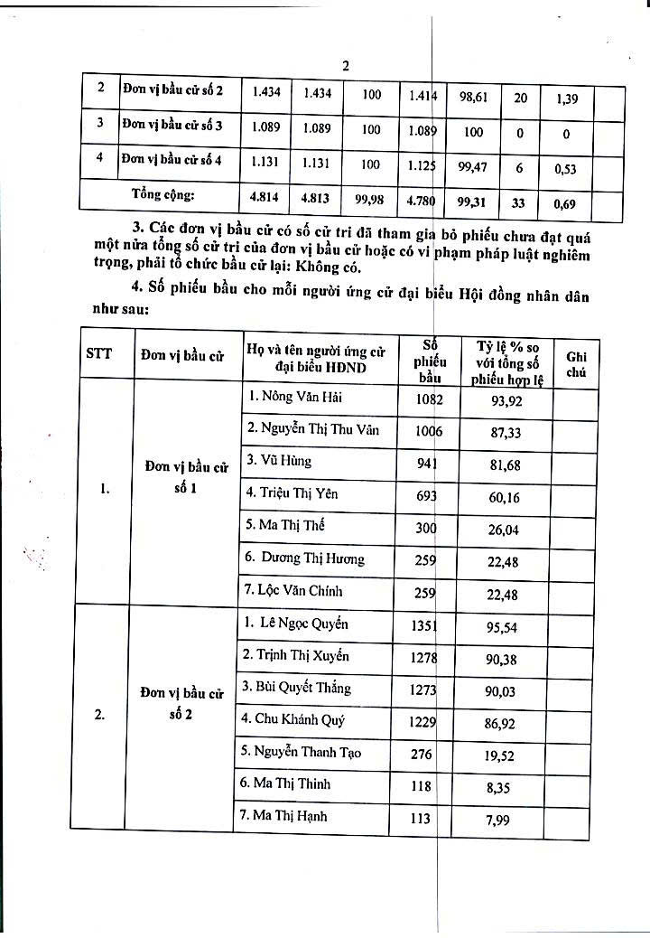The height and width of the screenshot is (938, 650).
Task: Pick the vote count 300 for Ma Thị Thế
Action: [x=426, y=527]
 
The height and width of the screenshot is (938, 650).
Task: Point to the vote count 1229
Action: [x=424, y=722]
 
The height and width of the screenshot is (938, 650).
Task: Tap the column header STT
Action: [x=99, y=353]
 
